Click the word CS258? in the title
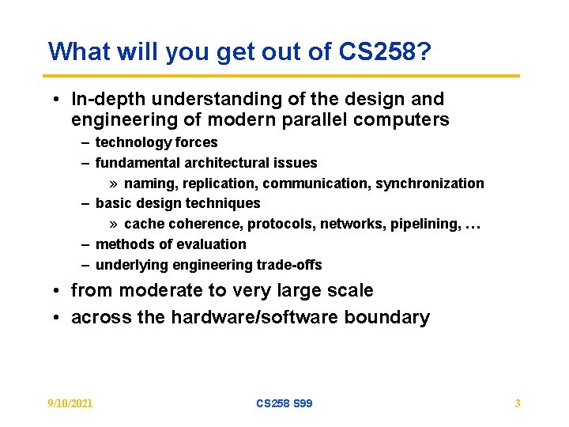pyautogui.click(x=386, y=51)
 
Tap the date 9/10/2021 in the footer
pyautogui.click(x=70, y=403)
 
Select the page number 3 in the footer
pyautogui.click(x=518, y=403)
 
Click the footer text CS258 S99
pyautogui.click(x=284, y=403)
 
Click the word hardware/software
pyautogui.click(x=245, y=318)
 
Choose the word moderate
pyautogui.click(x=159, y=291)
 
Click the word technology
pyautogui.click(x=130, y=142)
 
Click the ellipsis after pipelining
pyautogui.click(x=473, y=225)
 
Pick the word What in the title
pyautogui.click(x=77, y=51)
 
